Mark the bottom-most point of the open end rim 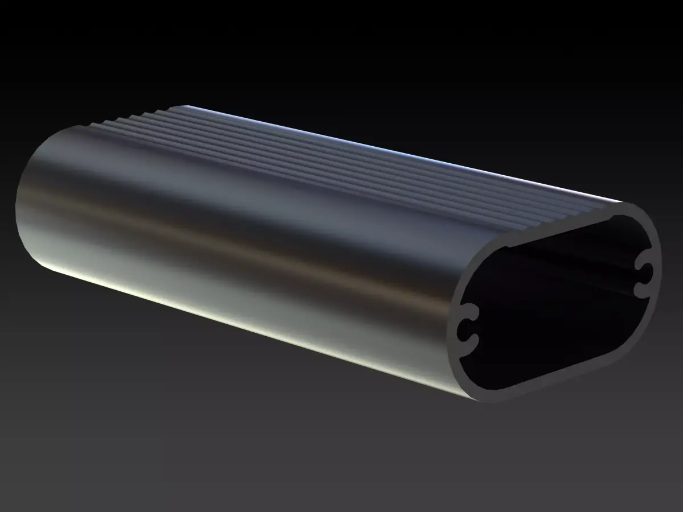(x=489, y=398)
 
